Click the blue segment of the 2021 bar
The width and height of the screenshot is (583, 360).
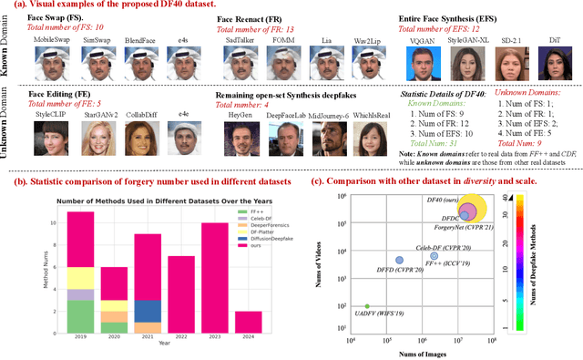(148, 312)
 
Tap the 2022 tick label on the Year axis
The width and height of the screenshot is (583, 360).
(184, 339)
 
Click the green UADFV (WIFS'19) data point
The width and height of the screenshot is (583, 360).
(367, 306)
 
